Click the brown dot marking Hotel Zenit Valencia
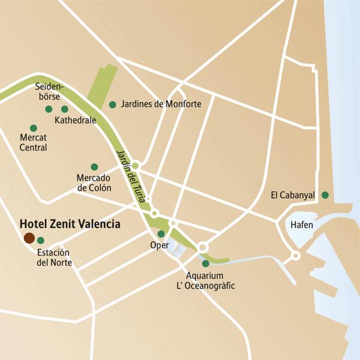point(29,238)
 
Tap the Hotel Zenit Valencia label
point(70,223)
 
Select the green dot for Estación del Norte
point(41,241)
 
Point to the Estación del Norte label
point(54,258)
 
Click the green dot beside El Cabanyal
point(325,194)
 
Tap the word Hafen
point(301,224)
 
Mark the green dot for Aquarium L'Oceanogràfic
point(206,263)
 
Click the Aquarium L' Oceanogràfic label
point(210,280)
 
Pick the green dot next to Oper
point(161,234)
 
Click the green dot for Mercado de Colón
point(94,167)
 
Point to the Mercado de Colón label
point(94,183)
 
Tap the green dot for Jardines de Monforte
point(112,104)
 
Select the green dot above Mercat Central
point(33,128)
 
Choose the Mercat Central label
point(33,143)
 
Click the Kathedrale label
point(75,120)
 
